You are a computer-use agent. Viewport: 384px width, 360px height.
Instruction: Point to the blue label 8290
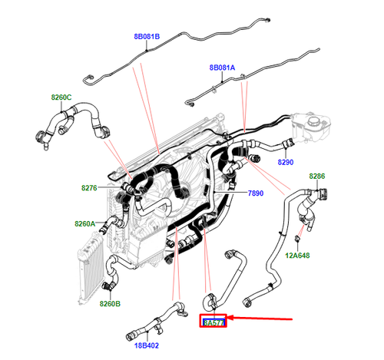pyautogui.click(x=285, y=163)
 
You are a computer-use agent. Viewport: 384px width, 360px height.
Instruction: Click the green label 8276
pyautogui.click(x=90, y=187)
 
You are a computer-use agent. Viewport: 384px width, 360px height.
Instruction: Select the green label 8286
pyautogui.click(x=317, y=177)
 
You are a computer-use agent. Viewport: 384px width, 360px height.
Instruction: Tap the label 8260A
pyautogui.click(x=85, y=223)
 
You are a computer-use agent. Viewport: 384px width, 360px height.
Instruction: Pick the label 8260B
pyautogui.click(x=110, y=303)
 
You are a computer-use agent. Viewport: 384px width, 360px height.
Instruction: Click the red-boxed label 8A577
pyautogui.click(x=214, y=323)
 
